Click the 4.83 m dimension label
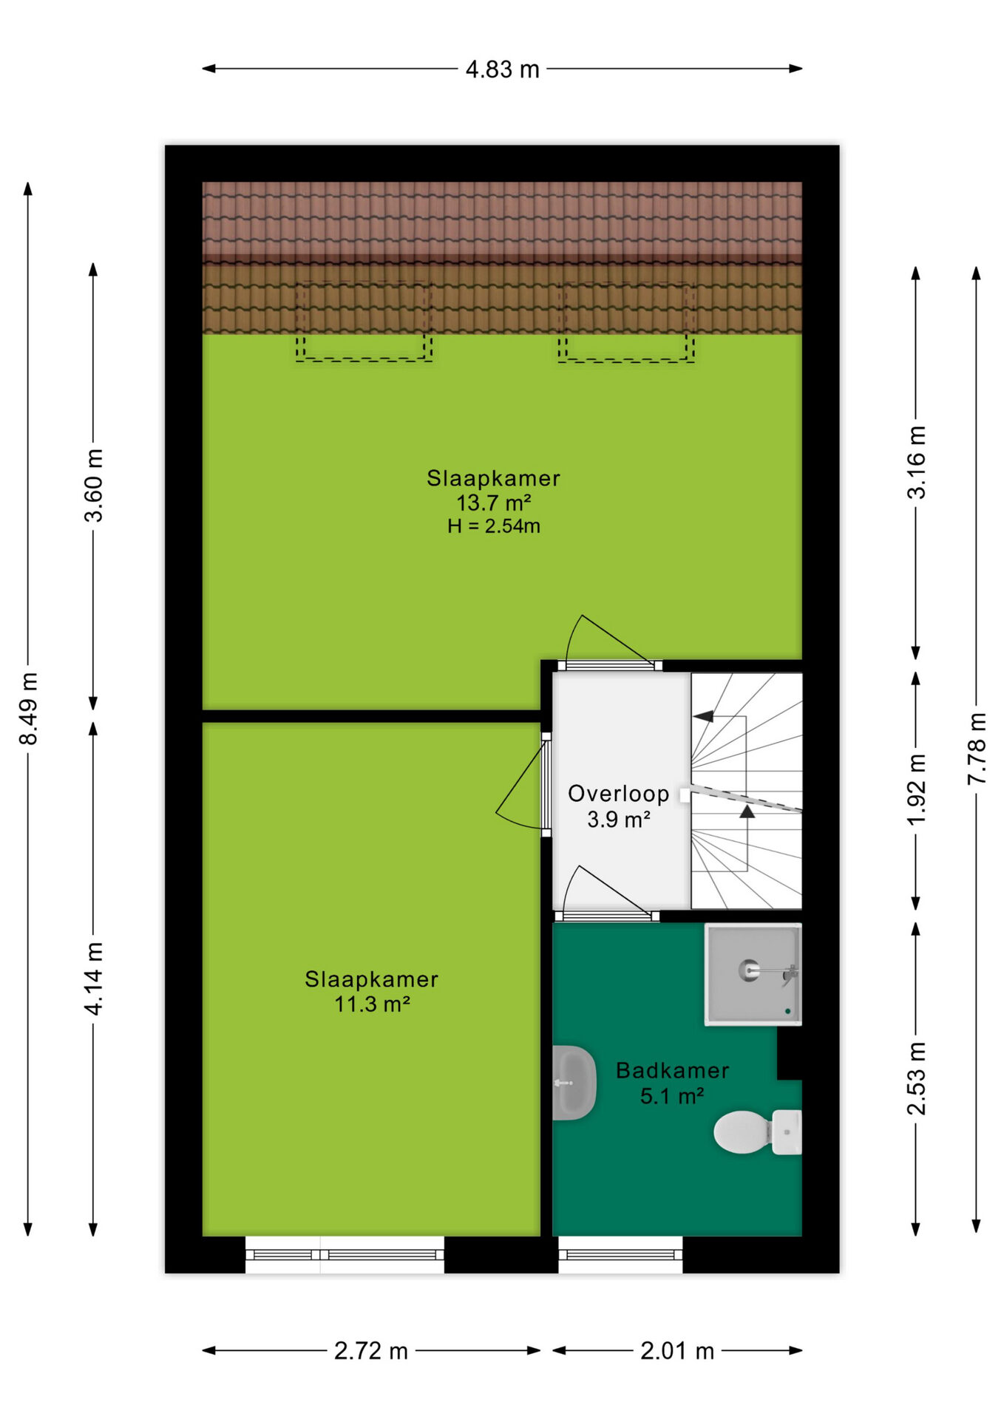pos(502,69)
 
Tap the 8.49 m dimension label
pos(28,709)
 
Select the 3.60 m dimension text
pos(93,486)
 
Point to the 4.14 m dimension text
pos(93,979)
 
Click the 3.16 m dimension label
pos(916,463)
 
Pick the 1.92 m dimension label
pos(916,790)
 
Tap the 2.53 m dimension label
pos(916,1078)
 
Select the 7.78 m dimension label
pos(977,749)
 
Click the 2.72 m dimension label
pos(371,1351)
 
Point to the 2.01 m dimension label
pos(677,1351)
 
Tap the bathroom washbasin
pos(574,1083)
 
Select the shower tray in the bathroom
pos(753,975)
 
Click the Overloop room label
pos(619,794)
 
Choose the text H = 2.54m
pos(494,526)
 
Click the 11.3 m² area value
pos(372,1004)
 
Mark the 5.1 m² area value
pos(672,1096)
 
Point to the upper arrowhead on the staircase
pos(704,716)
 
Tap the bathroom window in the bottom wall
pos(620,1255)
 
